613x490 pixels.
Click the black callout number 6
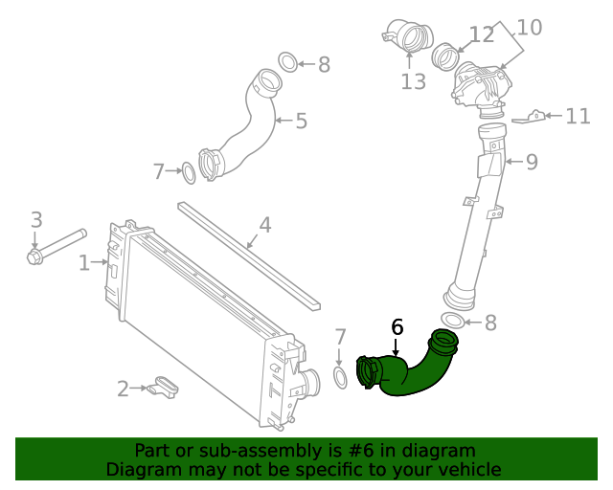tap(397, 327)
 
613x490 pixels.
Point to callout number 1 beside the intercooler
tap(83, 262)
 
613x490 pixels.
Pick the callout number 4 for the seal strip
tap(265, 226)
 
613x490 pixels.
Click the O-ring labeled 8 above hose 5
tap(288, 63)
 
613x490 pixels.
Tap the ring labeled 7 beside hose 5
tap(190, 173)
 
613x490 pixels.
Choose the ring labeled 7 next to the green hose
tap(340, 377)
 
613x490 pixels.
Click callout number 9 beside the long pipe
tap(531, 162)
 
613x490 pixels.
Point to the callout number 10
tap(530, 27)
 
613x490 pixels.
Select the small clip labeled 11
tap(533, 117)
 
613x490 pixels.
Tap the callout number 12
tap(481, 35)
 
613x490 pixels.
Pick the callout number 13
tap(413, 82)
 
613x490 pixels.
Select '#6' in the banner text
tap(352, 450)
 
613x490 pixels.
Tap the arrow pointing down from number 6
tap(396, 349)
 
